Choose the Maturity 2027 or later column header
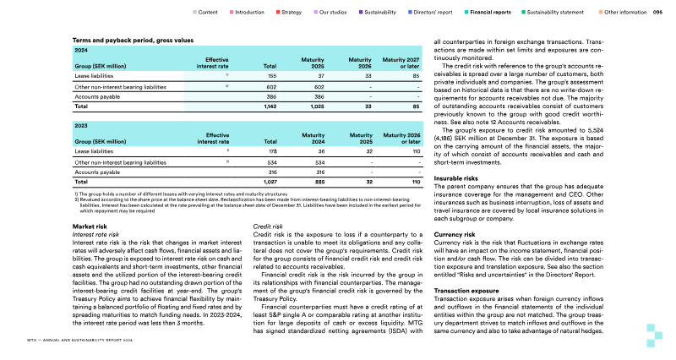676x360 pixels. (x=401, y=62)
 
